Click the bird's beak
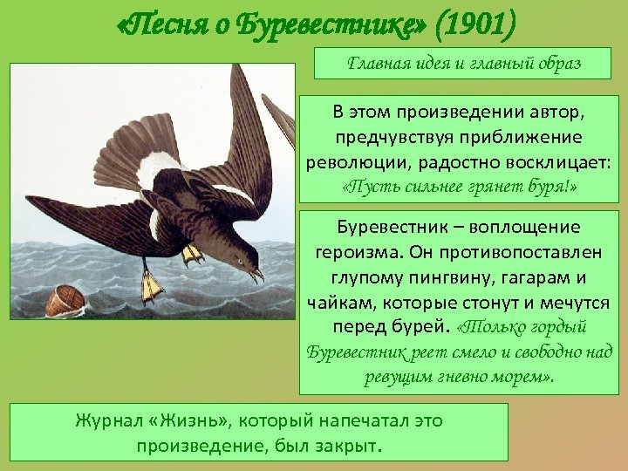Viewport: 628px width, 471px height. pyautogui.click(x=258, y=275)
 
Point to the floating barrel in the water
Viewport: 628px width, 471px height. pyautogui.click(x=65, y=300)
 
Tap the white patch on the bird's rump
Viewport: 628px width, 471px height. pyautogui.click(x=160, y=170)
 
